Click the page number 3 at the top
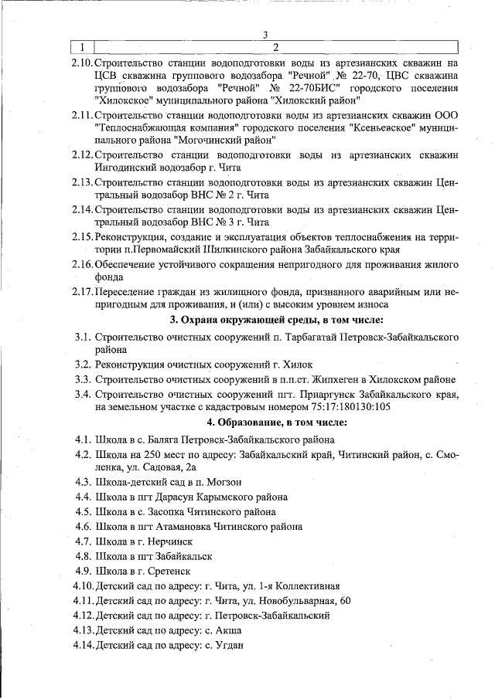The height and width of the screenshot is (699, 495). tap(265, 35)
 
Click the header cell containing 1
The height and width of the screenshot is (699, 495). tap(81, 48)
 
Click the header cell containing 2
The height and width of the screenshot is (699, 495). tap(276, 48)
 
